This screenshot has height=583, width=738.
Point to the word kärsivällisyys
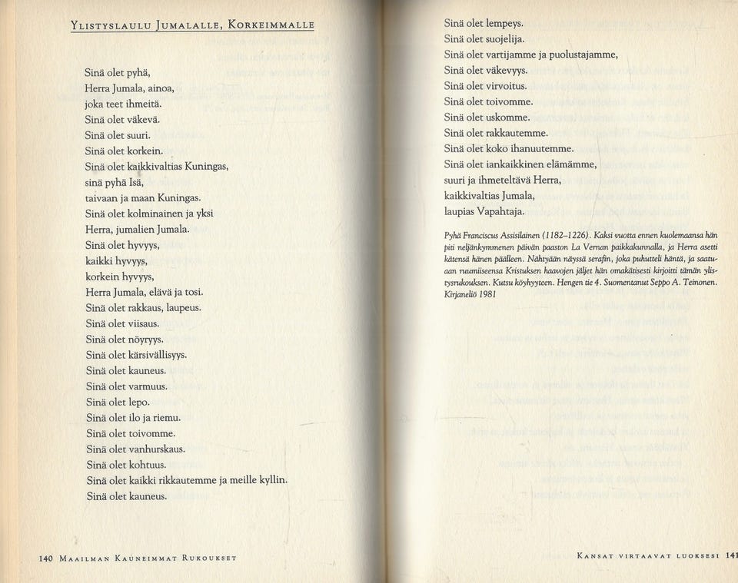pyautogui.click(x=159, y=355)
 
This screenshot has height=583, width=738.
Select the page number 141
pyautogui.click(x=731, y=558)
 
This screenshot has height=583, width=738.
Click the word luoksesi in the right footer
pyautogui.click(x=696, y=558)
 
